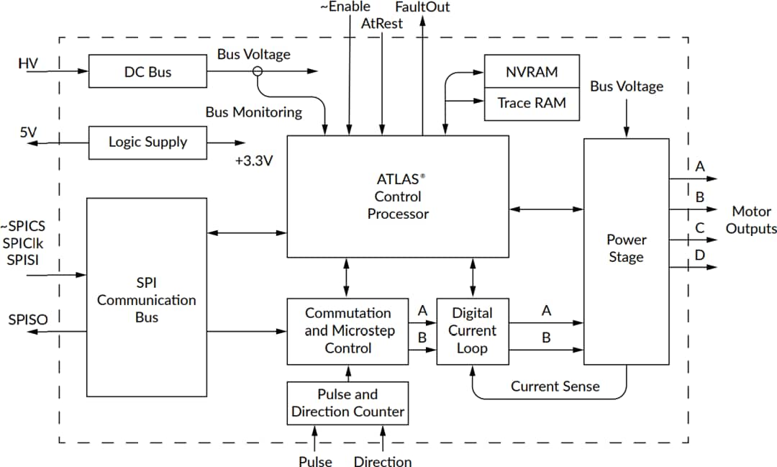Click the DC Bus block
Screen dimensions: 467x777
click(x=147, y=71)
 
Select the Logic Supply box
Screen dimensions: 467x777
click(x=147, y=142)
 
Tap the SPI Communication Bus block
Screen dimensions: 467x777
click(x=147, y=297)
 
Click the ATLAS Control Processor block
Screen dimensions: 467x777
click(x=398, y=196)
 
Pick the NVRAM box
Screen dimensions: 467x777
click(x=531, y=71)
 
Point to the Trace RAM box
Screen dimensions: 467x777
click(x=531, y=102)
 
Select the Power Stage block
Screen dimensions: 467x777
click(x=626, y=250)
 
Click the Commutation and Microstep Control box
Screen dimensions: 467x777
click(x=347, y=331)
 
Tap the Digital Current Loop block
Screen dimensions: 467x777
click(x=472, y=331)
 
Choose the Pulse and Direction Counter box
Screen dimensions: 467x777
click(x=347, y=403)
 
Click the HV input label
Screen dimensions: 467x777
click(x=28, y=64)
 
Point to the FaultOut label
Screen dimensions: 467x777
click(x=422, y=7)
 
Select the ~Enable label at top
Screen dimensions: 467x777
click(x=345, y=7)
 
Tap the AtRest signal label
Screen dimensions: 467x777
click(x=382, y=23)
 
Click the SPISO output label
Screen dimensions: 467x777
click(x=28, y=319)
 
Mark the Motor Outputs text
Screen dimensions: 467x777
click(x=750, y=219)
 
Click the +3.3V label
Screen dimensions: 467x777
click(x=254, y=161)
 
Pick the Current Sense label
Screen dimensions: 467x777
click(x=555, y=386)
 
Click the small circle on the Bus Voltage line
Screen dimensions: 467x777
click(x=258, y=71)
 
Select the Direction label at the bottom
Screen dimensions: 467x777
click(x=383, y=461)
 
